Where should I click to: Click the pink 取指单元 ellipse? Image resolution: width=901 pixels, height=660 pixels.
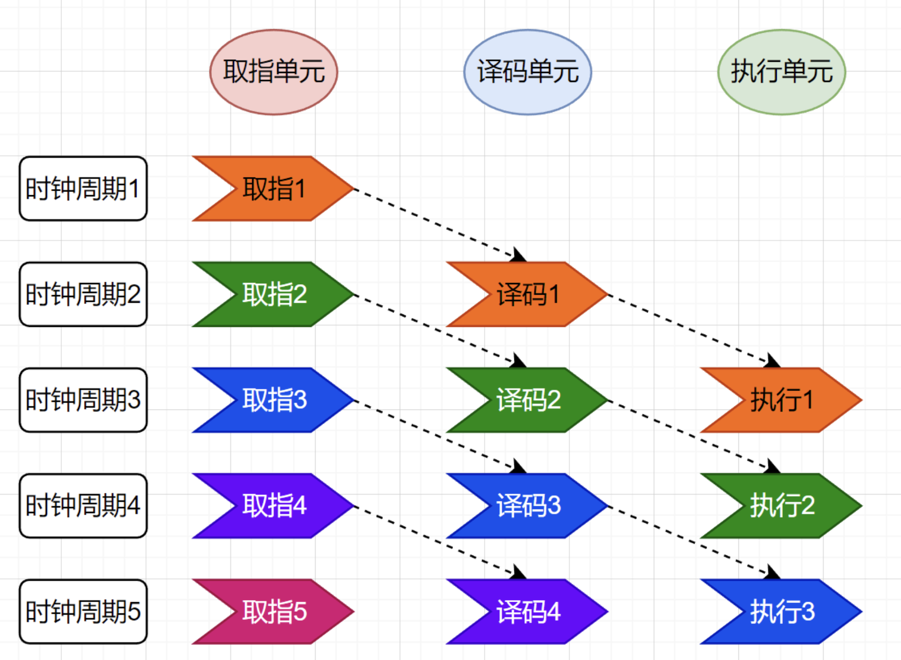pyautogui.click(x=273, y=72)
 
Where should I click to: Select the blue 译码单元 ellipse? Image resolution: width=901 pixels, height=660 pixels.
pyautogui.click(x=528, y=72)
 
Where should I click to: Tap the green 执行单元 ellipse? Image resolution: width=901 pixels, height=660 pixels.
pyautogui.click(x=781, y=72)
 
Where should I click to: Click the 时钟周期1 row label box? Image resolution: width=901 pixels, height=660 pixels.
pyautogui.click(x=83, y=189)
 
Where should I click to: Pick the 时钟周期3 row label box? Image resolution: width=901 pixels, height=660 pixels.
pyautogui.click(x=83, y=400)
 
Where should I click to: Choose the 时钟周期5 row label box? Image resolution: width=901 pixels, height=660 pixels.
pyautogui.click(x=83, y=611)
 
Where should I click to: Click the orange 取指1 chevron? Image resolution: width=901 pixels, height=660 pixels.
pyautogui.click(x=274, y=189)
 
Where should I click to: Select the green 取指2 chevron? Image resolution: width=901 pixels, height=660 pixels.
pyautogui.click(x=274, y=294)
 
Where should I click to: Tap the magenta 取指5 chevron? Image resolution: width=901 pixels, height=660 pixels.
pyautogui.click(x=274, y=611)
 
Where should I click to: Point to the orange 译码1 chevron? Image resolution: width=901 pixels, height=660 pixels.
pyautogui.click(x=529, y=294)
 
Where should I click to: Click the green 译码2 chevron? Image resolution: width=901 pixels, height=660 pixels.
pyautogui.click(x=529, y=400)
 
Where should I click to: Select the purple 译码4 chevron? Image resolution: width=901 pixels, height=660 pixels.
pyautogui.click(x=529, y=611)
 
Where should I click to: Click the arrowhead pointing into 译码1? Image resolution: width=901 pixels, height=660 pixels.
pyautogui.click(x=518, y=256)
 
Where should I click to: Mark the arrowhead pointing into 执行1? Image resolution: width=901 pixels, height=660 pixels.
pyautogui.click(x=773, y=361)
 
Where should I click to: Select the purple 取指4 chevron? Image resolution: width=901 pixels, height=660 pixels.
pyautogui.click(x=274, y=506)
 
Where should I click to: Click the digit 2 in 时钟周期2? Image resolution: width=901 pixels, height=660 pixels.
pyautogui.click(x=134, y=295)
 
